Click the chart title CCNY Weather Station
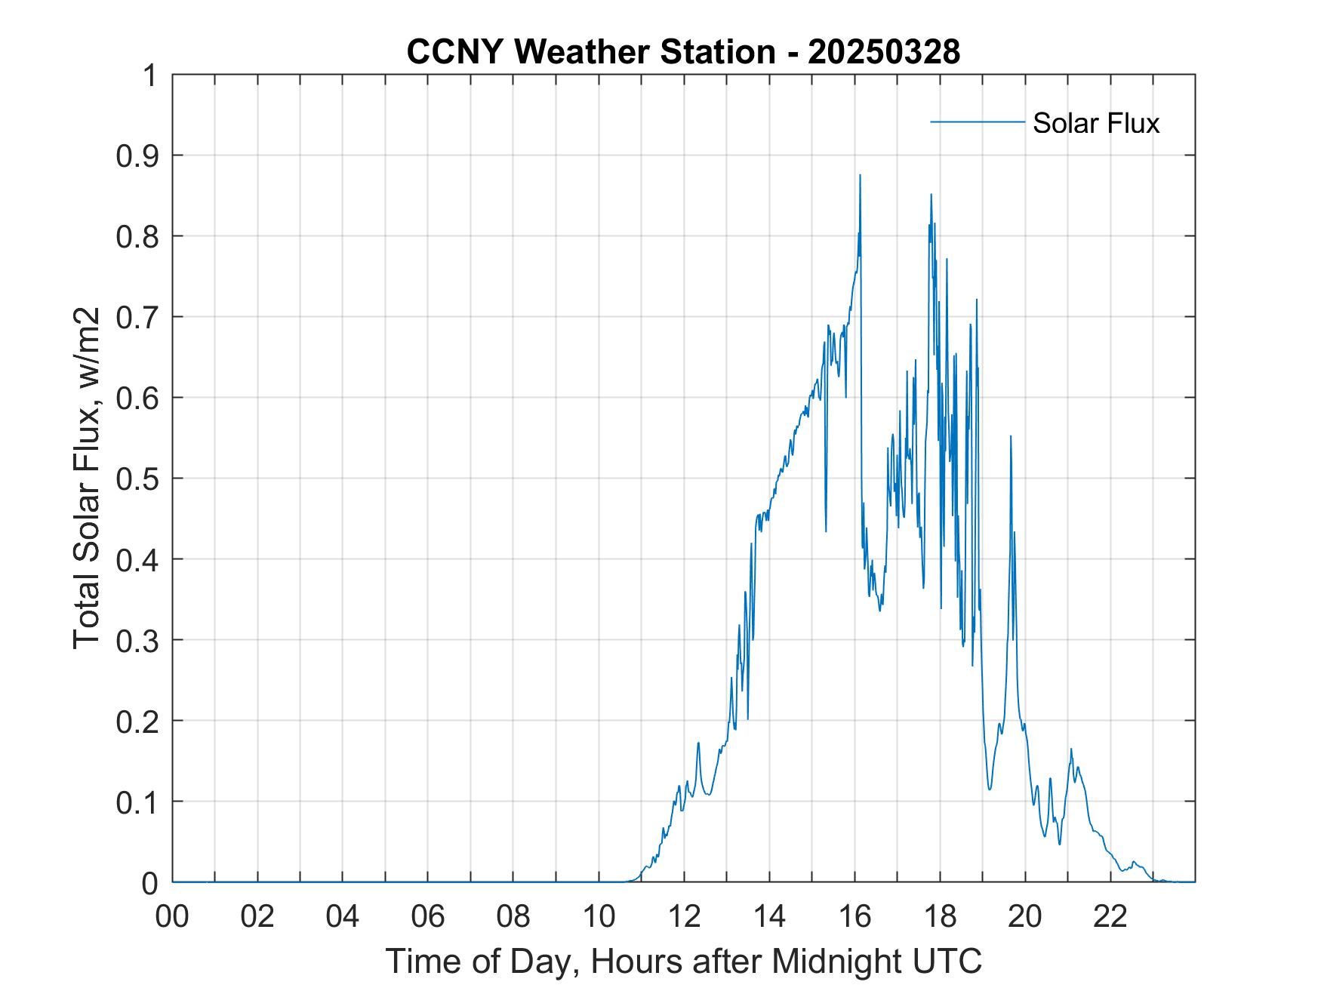coord(590,52)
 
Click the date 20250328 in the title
coord(884,52)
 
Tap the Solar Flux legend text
coord(1095,123)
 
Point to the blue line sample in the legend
coord(978,122)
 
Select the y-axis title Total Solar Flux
coord(88,478)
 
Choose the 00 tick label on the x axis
coord(172,916)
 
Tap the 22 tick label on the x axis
coord(1110,916)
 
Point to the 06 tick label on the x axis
coord(428,916)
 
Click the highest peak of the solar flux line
coord(860,175)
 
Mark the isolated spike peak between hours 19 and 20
coord(1010,436)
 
